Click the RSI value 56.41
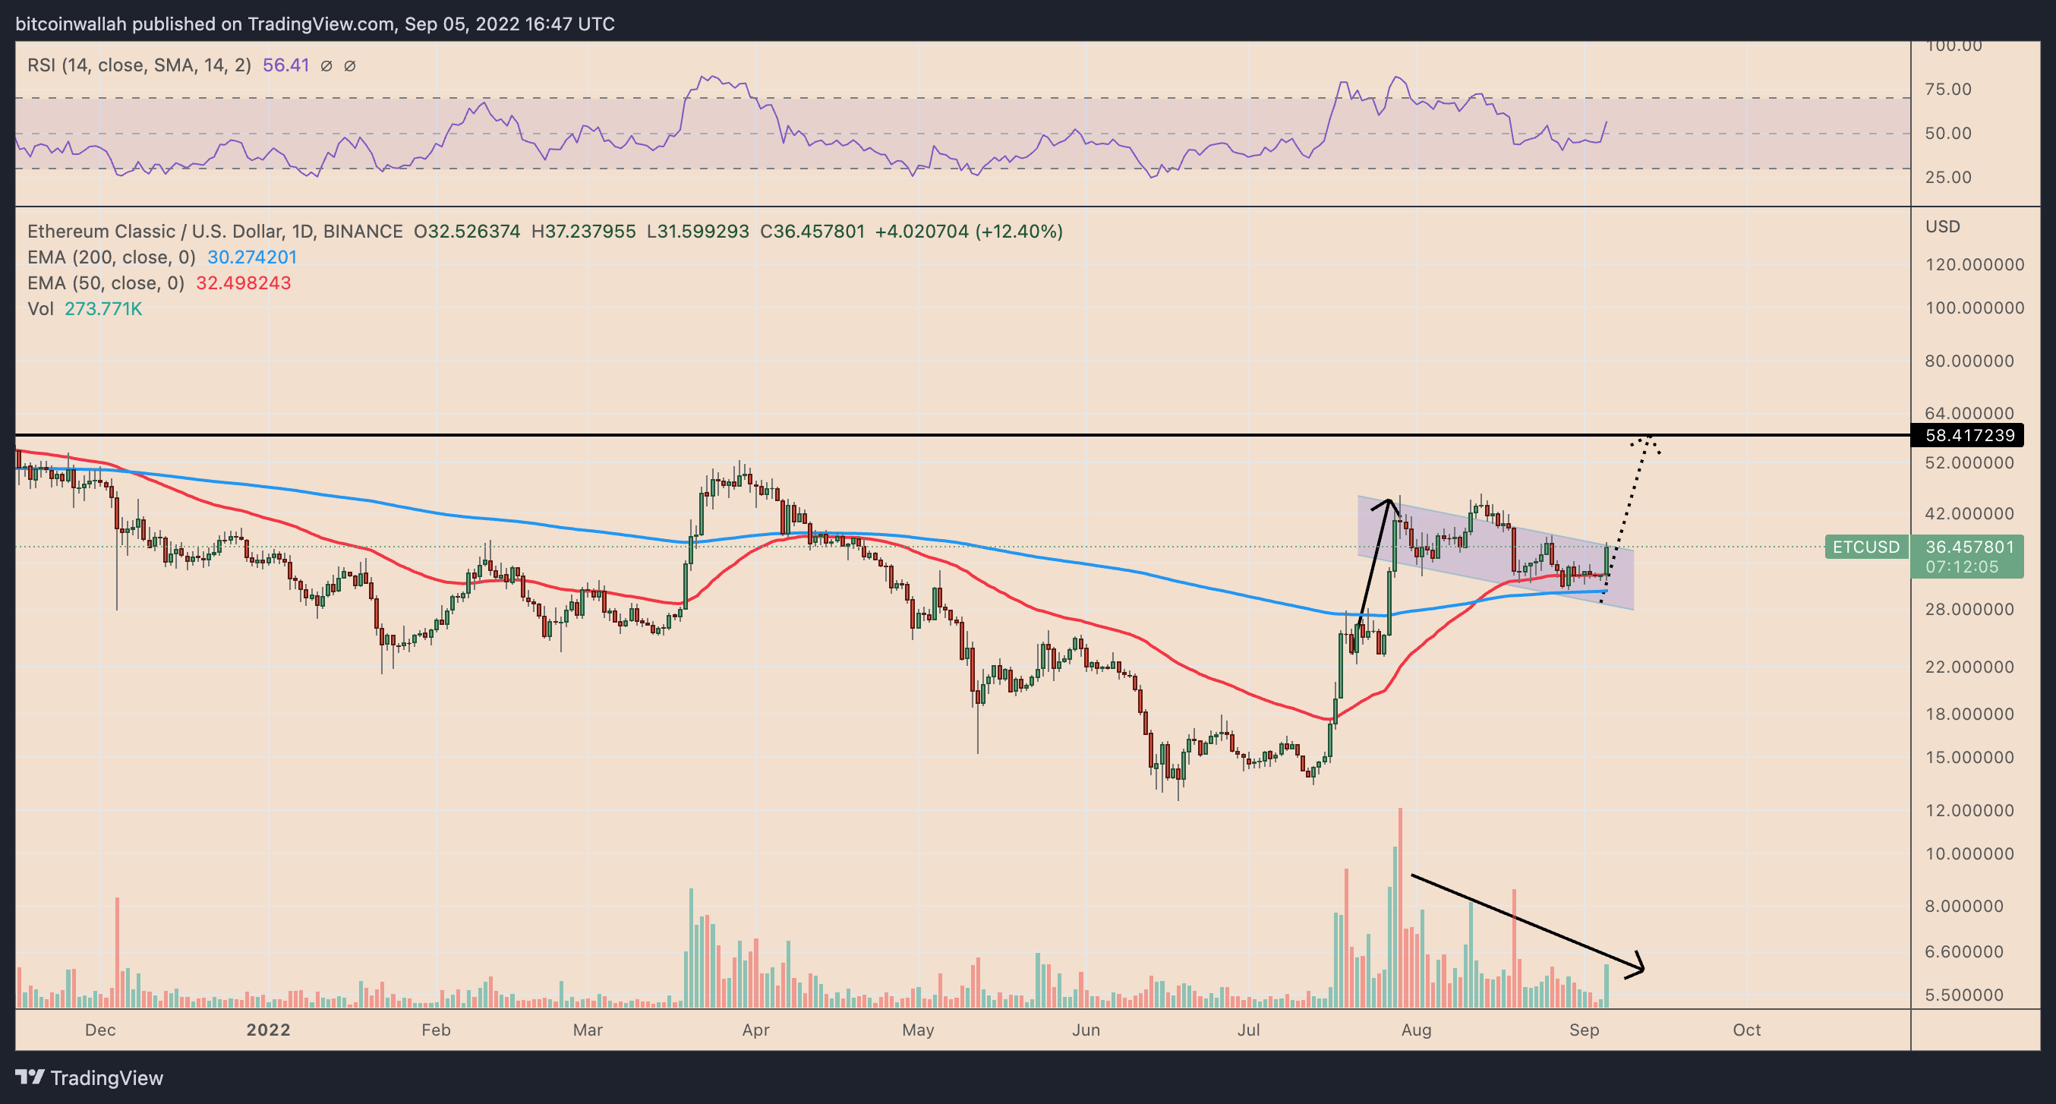285,65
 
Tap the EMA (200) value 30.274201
252,257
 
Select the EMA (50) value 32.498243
244,283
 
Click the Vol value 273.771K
103,309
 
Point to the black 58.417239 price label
1969,436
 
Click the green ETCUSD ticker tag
1865,547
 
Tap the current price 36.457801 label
1969,547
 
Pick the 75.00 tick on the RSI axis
1948,90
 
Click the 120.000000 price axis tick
1974,265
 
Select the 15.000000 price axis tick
1969,758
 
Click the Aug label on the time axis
1416,1030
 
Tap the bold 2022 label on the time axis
268,1030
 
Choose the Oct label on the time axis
1746,1030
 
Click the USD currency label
1942,227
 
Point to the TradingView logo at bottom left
90,1078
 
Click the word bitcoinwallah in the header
71,24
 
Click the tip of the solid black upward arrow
1390,500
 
